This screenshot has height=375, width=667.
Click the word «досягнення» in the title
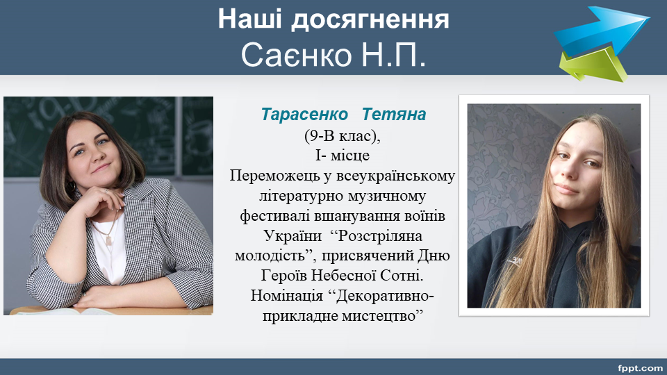pyautogui.click(x=370, y=19)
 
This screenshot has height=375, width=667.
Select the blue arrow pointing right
pyautogui.click(x=602, y=30)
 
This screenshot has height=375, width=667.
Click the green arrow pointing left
pyautogui.click(x=593, y=65)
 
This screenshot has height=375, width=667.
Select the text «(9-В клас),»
pyautogui.click(x=342, y=135)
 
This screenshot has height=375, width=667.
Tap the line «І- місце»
pyautogui.click(x=342, y=155)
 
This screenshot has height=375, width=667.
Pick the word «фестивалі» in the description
pyautogui.click(x=275, y=215)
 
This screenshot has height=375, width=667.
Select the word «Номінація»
pyautogui.click(x=287, y=296)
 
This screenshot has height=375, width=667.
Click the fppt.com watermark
pyautogui.click(x=640, y=368)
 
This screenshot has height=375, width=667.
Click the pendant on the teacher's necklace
pyautogui.click(x=108, y=240)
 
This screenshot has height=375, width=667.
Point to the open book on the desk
pyautogui.click(x=68, y=311)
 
